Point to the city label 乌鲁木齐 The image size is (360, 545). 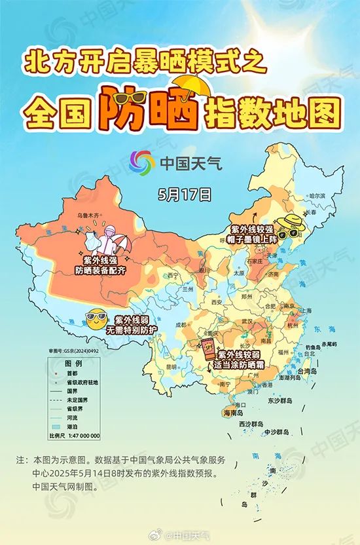[x=92, y=215]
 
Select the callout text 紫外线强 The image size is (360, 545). [x=99, y=260]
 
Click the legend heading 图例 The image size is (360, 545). [x=73, y=363]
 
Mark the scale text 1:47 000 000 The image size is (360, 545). [x=82, y=435]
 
